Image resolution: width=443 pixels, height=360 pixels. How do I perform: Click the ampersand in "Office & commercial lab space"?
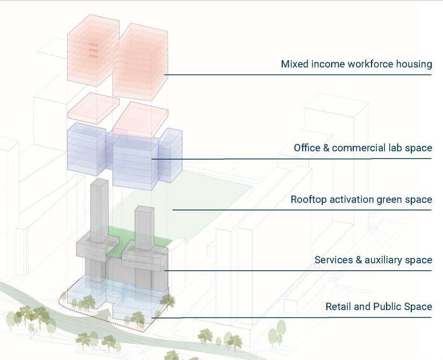(x=326, y=148)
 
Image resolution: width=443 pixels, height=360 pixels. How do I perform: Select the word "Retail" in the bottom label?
(x=338, y=307)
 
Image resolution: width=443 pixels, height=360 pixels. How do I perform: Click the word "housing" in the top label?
(x=413, y=64)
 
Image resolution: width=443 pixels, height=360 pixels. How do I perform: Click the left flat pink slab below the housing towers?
(x=92, y=106)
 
